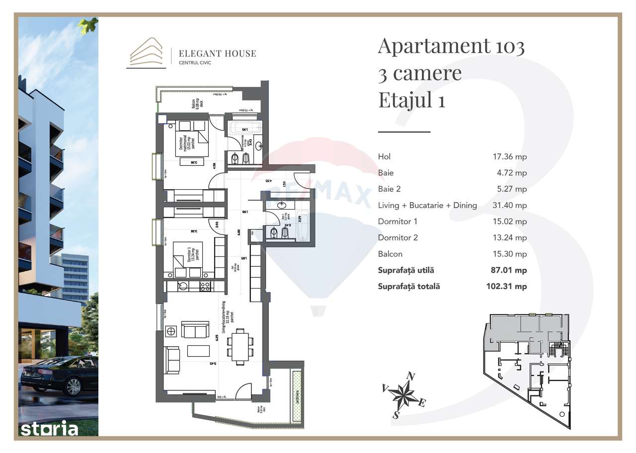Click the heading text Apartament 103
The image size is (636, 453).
click(451, 46)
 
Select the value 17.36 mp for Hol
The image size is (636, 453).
click(509, 156)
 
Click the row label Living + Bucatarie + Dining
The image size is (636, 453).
click(427, 205)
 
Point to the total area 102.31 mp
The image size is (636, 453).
click(506, 287)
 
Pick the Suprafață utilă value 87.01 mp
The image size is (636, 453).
click(509, 270)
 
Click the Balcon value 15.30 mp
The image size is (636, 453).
click(509, 254)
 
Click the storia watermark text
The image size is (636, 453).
click(49, 429)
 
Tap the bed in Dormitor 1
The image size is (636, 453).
click(187, 257)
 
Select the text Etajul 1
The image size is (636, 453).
click(411, 100)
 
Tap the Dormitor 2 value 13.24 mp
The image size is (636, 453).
click(509, 237)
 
